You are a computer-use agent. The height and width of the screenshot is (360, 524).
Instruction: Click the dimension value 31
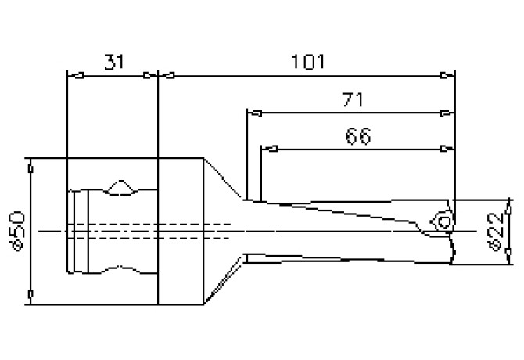coord(113,62)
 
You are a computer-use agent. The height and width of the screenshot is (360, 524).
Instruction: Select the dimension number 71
coord(352,99)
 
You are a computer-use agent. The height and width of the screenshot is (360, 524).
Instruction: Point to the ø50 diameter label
coord(17,229)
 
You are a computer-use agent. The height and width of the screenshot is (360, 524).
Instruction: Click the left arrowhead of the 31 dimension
coord(76,76)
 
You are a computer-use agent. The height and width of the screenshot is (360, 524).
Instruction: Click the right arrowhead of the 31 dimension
coord(149,76)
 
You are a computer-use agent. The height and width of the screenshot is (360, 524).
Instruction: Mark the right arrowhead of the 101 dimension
coord(447,76)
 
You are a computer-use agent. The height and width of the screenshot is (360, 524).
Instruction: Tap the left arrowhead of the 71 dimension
coord(253,113)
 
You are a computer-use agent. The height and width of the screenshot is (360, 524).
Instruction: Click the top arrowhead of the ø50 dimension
coord(31,167)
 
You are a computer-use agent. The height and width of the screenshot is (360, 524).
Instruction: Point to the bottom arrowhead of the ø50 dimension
coord(31,294)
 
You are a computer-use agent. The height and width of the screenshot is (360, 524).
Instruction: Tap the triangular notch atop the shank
coord(121,186)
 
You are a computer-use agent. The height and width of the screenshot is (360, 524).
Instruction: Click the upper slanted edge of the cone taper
coord(225,180)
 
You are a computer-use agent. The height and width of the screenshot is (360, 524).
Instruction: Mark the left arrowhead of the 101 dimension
coord(167,76)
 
